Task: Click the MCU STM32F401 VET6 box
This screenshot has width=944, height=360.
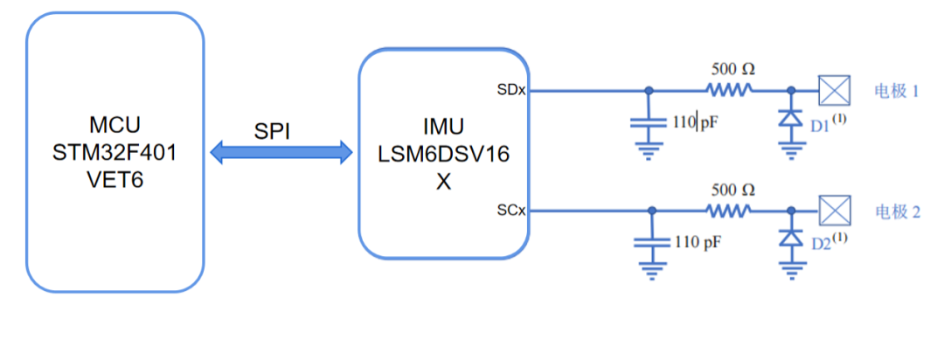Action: tap(115, 152)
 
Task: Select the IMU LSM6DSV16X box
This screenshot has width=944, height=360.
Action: tap(443, 154)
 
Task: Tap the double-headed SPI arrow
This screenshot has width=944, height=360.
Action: tap(281, 155)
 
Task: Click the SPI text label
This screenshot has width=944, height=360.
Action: tap(272, 131)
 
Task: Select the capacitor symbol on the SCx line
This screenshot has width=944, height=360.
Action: tap(648, 244)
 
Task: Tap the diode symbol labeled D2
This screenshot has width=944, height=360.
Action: tap(791, 239)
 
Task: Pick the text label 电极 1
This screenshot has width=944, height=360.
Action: tap(897, 90)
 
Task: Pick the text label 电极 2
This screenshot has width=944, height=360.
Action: tap(897, 211)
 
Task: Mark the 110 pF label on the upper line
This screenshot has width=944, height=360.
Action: tap(697, 122)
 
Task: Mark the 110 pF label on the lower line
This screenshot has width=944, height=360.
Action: tap(697, 242)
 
